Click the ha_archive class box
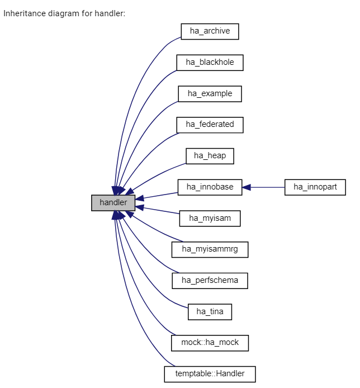[x=210, y=31]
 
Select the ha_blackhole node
[x=210, y=63]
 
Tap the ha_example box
[x=210, y=93]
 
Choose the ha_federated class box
[x=210, y=125]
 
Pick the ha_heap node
[x=210, y=155]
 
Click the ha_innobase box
[x=210, y=187]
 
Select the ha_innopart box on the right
[x=315, y=187]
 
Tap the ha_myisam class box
[x=210, y=218]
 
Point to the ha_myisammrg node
[x=210, y=249]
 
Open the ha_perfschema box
[x=210, y=280]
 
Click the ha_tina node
[x=210, y=311]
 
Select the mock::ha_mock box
[x=210, y=342]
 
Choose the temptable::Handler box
[x=210, y=373]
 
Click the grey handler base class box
[x=113, y=202]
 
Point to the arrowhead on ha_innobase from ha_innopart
[x=247, y=187]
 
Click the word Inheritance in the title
[x=22, y=13]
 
